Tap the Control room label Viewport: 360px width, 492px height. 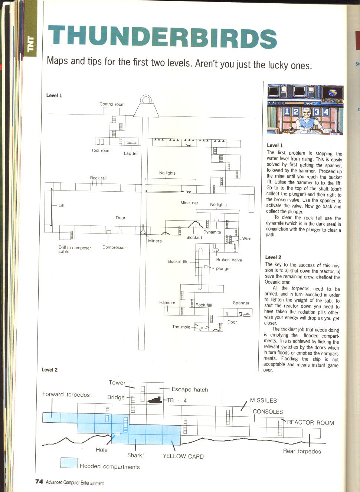112,104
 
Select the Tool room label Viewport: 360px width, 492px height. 101,151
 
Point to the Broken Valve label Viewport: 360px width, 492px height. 229,260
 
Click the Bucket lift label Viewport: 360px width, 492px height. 178,261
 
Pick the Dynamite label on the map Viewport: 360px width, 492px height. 212,232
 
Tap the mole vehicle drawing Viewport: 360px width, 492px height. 201,327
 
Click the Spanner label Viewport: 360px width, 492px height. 241,303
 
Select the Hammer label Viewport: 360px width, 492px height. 167,303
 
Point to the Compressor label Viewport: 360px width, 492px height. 114,247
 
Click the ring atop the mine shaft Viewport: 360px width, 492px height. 145,100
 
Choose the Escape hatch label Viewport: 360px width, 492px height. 190,389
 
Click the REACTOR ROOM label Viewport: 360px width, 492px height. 310,422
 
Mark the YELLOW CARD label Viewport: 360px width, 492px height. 183,456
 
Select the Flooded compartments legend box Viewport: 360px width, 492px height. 69,463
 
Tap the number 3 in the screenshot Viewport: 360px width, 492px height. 316,112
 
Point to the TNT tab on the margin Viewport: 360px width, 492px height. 31,44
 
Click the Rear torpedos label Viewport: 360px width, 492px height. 302,451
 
